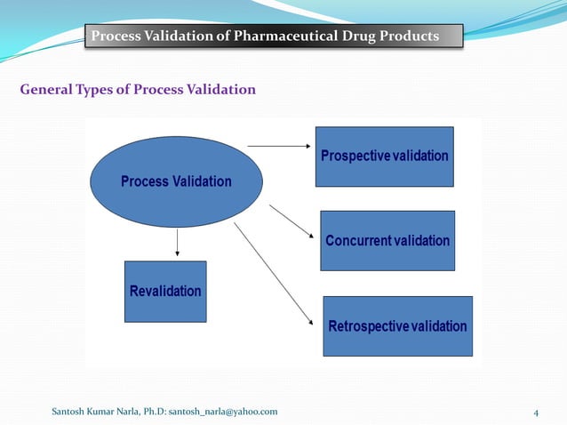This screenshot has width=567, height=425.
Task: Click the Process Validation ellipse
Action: (x=176, y=181)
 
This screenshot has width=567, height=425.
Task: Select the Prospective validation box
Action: (x=384, y=156)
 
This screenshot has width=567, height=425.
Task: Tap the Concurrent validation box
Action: (x=387, y=241)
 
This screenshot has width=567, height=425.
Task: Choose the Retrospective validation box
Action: (x=397, y=326)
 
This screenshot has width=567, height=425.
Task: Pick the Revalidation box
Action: (x=165, y=292)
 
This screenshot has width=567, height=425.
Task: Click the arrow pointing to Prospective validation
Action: (x=278, y=144)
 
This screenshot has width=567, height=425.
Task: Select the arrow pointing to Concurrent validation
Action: (x=291, y=222)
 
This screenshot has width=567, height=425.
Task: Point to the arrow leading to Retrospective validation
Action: (x=274, y=275)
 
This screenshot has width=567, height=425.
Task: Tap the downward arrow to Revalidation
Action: (x=178, y=242)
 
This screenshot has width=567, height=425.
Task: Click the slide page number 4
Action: (x=536, y=412)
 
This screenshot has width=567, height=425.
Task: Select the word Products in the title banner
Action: (x=410, y=36)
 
